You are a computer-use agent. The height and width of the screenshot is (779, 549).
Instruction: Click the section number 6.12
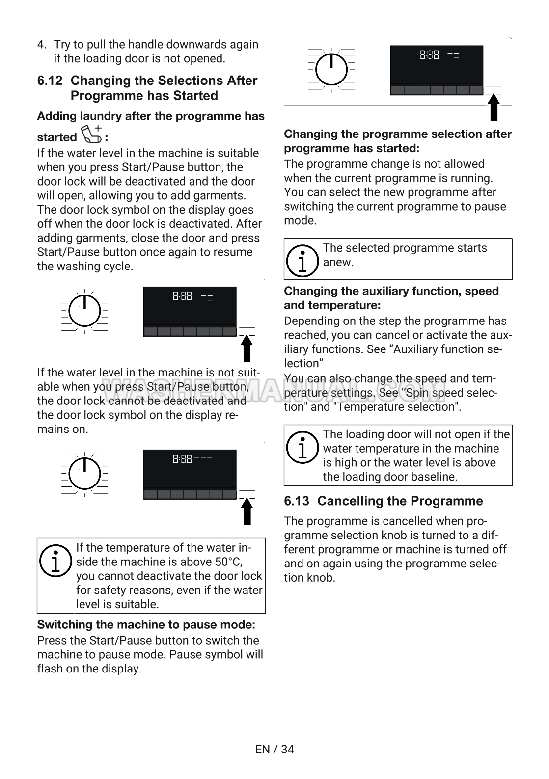point(50,81)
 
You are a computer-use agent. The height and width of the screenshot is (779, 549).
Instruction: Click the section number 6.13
point(297,501)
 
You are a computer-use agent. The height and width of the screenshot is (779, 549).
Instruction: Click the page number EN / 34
point(274,749)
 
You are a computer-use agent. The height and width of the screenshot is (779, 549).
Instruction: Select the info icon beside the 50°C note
point(56,561)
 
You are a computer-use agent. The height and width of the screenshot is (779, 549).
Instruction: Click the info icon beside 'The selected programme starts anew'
point(303,260)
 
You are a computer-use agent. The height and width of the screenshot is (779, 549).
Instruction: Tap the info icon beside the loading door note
point(303,448)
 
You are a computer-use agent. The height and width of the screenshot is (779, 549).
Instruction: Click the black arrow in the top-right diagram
point(494,107)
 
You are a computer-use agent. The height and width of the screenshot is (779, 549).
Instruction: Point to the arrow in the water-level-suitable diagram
point(247,348)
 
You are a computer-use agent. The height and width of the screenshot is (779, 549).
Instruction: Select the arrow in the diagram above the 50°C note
point(247,510)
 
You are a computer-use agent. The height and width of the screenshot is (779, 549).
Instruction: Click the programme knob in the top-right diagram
point(331,69)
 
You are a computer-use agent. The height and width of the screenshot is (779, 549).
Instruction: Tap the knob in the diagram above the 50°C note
point(85,473)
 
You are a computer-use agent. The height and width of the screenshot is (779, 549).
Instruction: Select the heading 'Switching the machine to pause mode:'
point(146,625)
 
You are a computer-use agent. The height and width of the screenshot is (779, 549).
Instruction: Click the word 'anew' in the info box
point(338,262)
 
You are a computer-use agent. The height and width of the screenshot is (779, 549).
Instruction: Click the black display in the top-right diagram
point(437,70)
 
